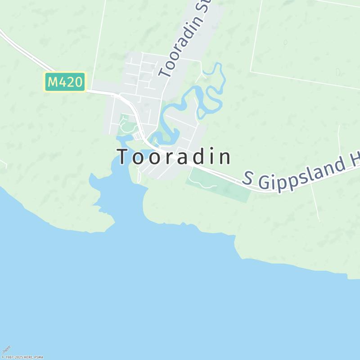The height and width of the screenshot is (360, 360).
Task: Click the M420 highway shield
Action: [65, 82]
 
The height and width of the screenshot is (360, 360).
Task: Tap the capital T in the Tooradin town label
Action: [123, 157]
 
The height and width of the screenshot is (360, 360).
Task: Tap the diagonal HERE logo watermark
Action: [6, 350]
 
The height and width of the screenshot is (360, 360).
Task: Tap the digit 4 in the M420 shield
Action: [66, 82]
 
